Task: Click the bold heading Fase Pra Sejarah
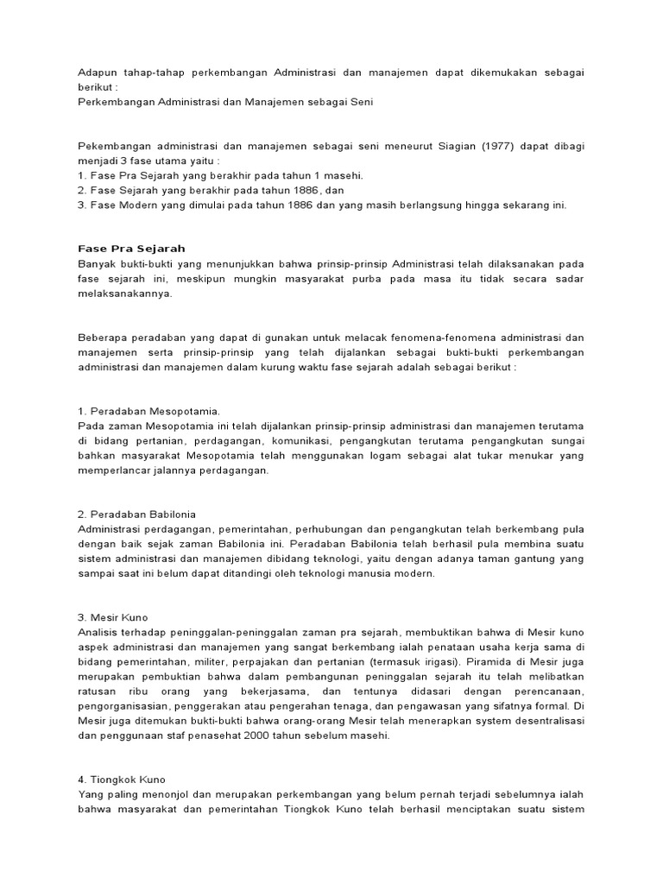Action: coord(131,249)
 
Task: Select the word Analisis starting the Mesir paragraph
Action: coord(100,633)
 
